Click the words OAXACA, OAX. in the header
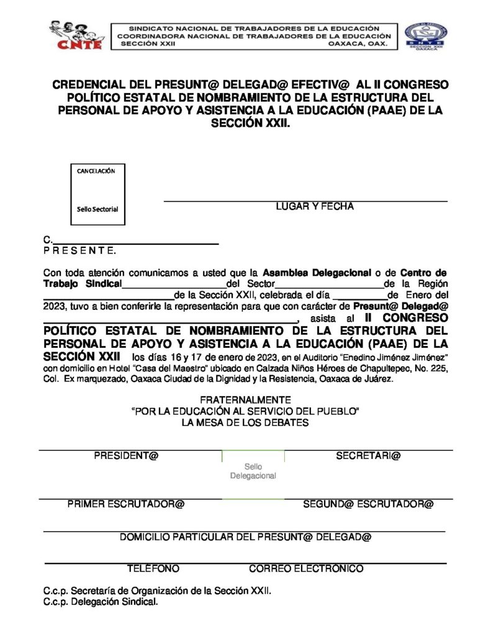click(x=358, y=45)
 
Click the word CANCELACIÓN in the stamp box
click(x=96, y=171)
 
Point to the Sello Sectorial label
click(x=97, y=209)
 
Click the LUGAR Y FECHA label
click(x=315, y=207)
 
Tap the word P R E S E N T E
click(x=79, y=251)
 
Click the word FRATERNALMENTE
click(x=245, y=401)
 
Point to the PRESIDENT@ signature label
click(x=127, y=456)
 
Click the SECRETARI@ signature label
click(x=368, y=456)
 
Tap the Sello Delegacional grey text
click(x=253, y=471)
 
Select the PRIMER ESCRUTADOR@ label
click(x=126, y=504)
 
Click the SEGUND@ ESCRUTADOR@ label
click(x=368, y=504)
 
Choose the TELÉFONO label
click(x=153, y=568)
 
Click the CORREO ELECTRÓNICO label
click(x=306, y=568)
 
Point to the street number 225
click(x=438, y=368)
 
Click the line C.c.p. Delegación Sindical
click(x=101, y=602)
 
